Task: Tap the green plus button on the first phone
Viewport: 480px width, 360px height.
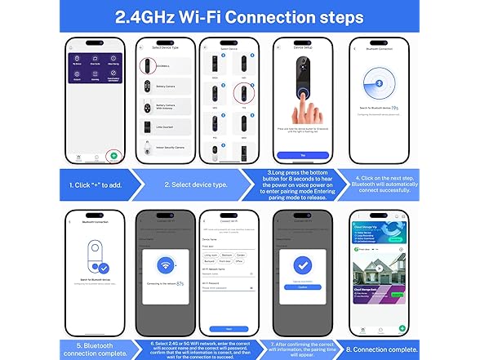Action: point(113,154)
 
